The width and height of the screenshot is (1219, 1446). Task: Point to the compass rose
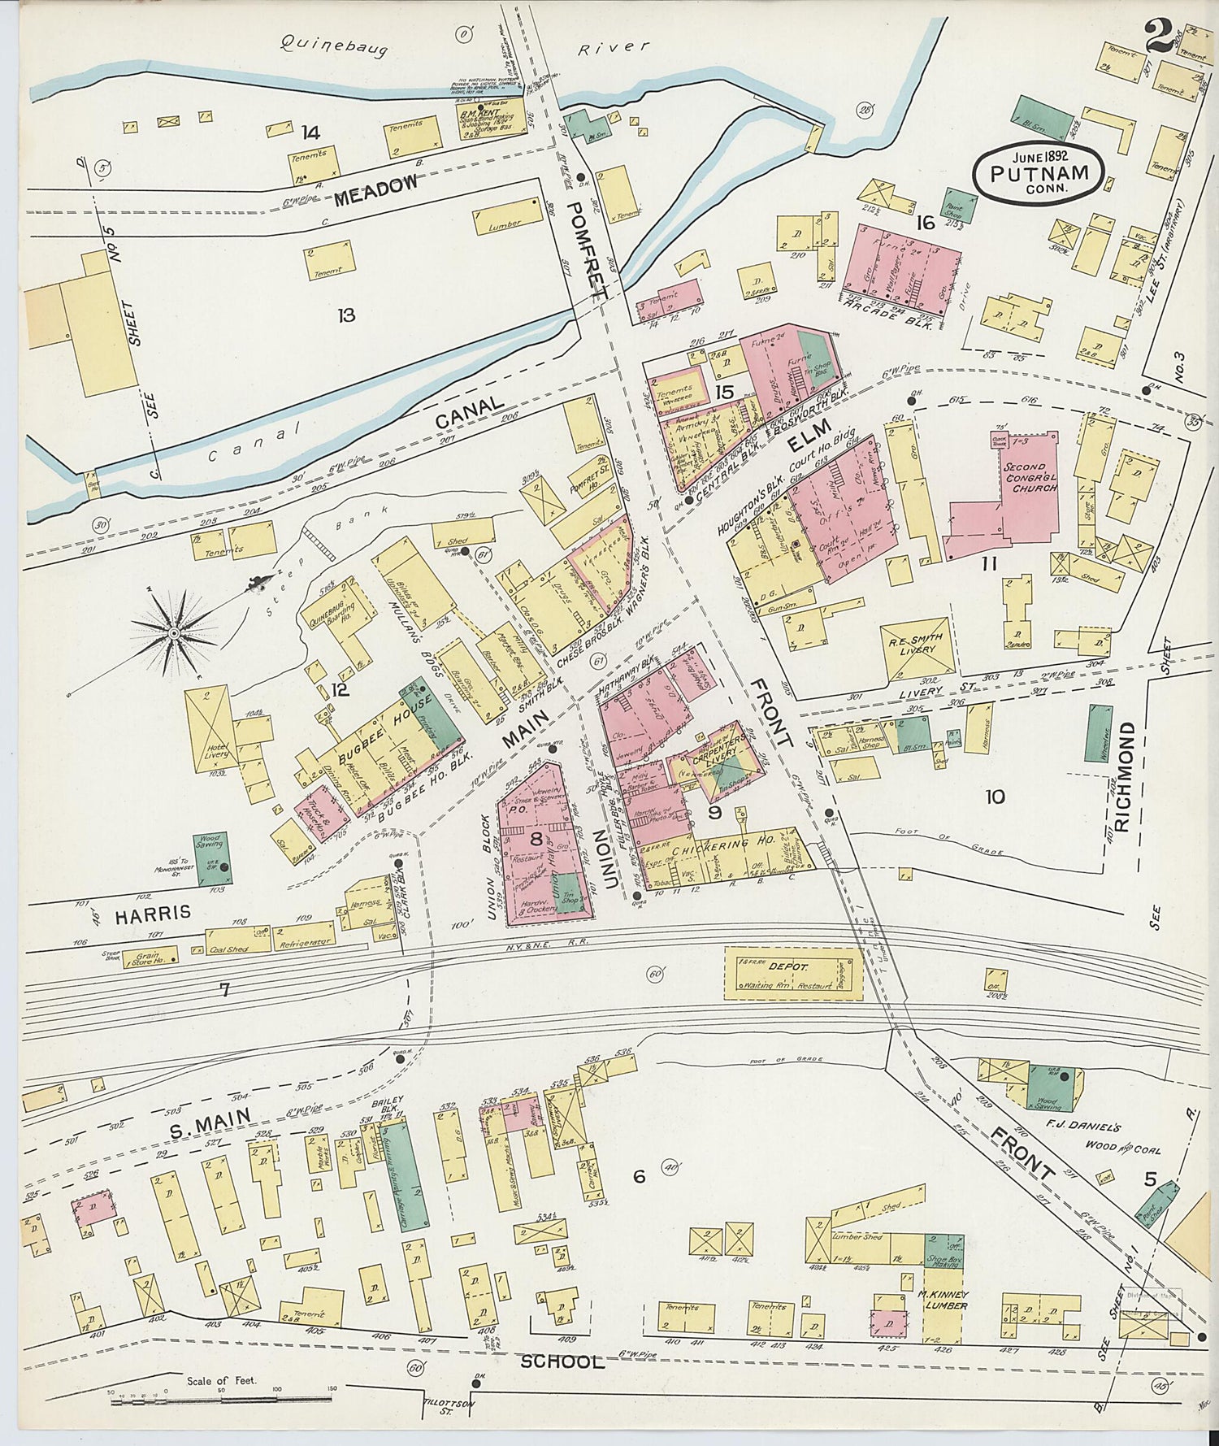[x=173, y=632]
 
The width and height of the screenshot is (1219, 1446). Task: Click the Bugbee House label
[x=380, y=719]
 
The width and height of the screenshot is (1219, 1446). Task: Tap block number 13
[x=347, y=315]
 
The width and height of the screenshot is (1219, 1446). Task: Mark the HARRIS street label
[x=152, y=913]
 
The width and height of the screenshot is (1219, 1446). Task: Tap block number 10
[x=995, y=797]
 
